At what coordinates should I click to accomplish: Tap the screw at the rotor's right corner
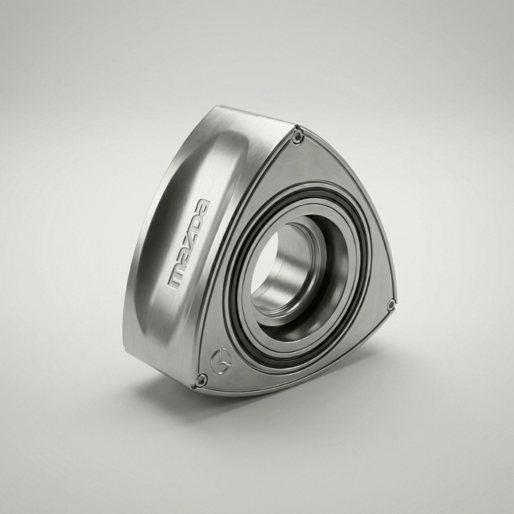tap(390, 305)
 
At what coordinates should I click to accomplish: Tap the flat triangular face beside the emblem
tap(257, 367)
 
